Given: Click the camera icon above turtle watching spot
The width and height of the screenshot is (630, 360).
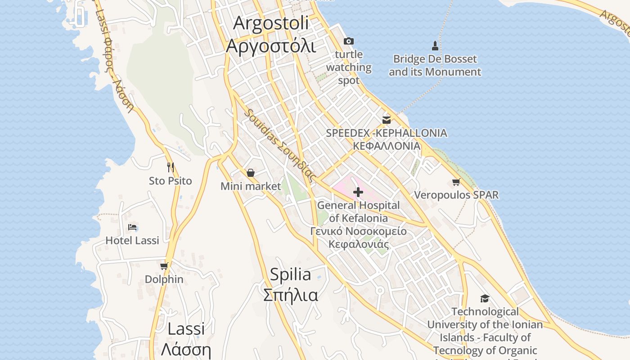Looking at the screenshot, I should (x=349, y=41).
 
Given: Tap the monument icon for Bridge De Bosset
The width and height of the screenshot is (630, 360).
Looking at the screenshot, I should (x=435, y=45).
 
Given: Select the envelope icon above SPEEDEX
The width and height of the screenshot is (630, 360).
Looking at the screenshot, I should (x=386, y=120).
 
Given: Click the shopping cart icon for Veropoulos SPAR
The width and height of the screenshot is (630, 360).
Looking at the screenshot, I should (x=456, y=182).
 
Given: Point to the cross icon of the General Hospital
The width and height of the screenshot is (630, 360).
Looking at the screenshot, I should (x=358, y=193).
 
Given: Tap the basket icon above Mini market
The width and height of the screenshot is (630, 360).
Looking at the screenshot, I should (x=251, y=173).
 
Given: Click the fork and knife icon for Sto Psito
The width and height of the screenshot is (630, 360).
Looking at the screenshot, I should (x=171, y=167).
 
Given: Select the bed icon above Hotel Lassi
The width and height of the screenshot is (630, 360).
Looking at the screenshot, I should (x=132, y=227).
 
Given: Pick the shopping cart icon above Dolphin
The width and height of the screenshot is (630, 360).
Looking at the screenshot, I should (x=164, y=266).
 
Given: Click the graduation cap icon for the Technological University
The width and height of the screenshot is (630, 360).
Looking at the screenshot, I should (x=485, y=298).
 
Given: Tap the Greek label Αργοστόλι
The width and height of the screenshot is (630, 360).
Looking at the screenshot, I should (x=271, y=46).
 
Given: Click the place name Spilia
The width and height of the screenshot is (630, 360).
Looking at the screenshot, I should (x=290, y=274).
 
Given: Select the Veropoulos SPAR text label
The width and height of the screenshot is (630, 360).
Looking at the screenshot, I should (x=456, y=195).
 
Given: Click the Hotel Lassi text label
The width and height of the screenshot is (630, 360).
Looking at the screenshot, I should (x=132, y=240).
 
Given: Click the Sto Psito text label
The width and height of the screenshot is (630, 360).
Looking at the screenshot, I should (x=171, y=181).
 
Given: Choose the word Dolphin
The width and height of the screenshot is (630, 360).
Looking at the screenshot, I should (x=164, y=279).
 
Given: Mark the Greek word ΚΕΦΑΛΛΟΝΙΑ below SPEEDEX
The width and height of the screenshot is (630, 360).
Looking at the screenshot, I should (x=386, y=146).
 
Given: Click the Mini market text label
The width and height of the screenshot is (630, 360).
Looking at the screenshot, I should (x=251, y=186).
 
